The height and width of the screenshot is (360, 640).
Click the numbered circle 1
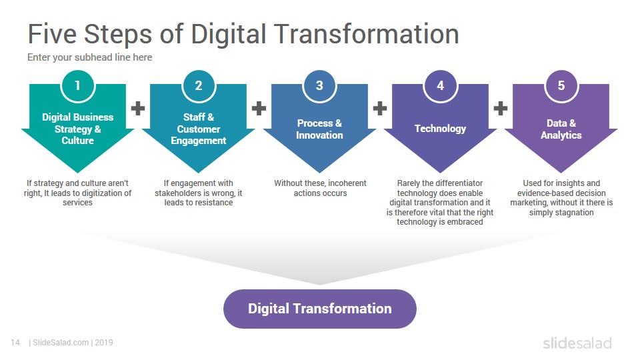point(77,86)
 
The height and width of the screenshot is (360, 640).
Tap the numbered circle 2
point(199,86)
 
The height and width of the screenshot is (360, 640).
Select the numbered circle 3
point(319,86)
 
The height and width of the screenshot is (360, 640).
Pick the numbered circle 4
point(441,86)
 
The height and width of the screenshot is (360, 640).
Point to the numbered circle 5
point(561,86)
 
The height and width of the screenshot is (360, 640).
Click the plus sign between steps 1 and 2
point(138,108)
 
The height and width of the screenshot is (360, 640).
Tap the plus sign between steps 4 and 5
point(501,108)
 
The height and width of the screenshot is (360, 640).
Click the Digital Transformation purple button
point(319,309)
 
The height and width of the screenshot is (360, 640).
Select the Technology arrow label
point(441,129)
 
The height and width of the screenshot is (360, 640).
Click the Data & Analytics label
point(561,129)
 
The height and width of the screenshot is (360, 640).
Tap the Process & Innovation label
point(319,129)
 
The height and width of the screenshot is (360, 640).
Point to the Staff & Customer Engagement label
point(199,129)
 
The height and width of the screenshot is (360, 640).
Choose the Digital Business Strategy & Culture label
point(77,129)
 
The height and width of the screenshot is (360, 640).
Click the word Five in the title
point(52,34)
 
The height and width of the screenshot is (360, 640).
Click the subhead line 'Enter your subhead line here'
point(90,57)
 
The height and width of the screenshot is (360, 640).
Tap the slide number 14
point(15,343)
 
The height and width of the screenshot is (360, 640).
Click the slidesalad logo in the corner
point(577,343)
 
